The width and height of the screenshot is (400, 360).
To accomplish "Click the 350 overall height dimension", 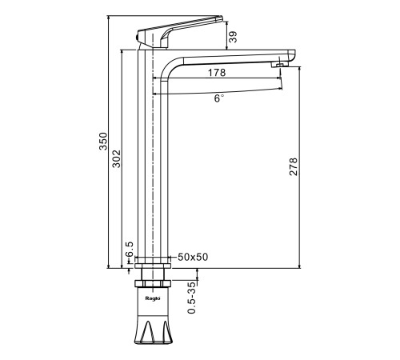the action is (103, 141).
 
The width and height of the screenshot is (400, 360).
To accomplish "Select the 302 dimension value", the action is (116, 159).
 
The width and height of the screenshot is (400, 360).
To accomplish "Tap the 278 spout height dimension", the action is (294, 166).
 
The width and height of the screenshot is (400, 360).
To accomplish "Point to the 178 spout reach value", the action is (217, 73).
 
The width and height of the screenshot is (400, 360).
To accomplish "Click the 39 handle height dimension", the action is (233, 37).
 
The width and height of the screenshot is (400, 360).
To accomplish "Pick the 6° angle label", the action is (218, 98).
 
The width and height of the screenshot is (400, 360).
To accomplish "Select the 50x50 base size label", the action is (193, 257).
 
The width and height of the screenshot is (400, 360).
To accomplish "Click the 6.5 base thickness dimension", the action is (130, 249).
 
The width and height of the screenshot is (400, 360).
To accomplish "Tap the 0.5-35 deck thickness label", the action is (191, 297).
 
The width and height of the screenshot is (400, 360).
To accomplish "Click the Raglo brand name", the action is (153, 298).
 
